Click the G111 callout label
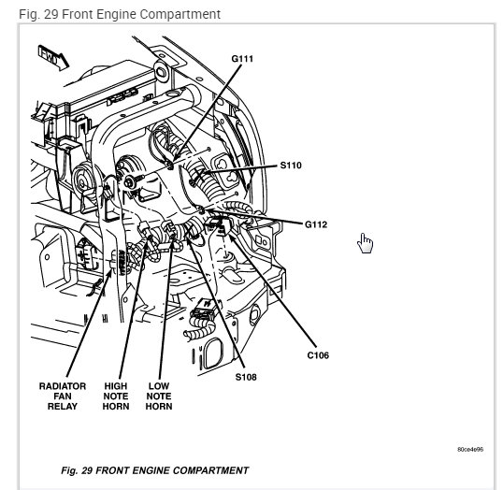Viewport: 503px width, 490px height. click(x=242, y=59)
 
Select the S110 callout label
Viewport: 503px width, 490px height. click(x=291, y=166)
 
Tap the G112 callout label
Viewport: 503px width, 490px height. click(x=316, y=224)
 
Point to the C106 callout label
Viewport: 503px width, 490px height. click(x=318, y=355)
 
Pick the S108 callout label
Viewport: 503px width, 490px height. click(x=246, y=377)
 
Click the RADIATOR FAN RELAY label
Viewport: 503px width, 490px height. click(x=63, y=396)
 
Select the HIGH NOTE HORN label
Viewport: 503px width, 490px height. click(x=116, y=396)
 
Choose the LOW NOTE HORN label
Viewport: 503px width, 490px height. click(x=159, y=396)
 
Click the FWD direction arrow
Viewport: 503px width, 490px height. click(x=53, y=58)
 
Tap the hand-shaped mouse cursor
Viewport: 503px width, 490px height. click(x=365, y=243)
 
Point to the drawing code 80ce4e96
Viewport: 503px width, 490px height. click(x=470, y=449)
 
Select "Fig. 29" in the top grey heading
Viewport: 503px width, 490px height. click(x=38, y=14)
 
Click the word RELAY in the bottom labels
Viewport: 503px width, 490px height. click(x=63, y=406)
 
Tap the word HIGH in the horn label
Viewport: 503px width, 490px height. click(x=116, y=385)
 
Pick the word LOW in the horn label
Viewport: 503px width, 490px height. click(x=159, y=385)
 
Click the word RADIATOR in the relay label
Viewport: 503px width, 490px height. click(x=63, y=385)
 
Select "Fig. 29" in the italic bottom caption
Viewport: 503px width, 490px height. click(x=77, y=470)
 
